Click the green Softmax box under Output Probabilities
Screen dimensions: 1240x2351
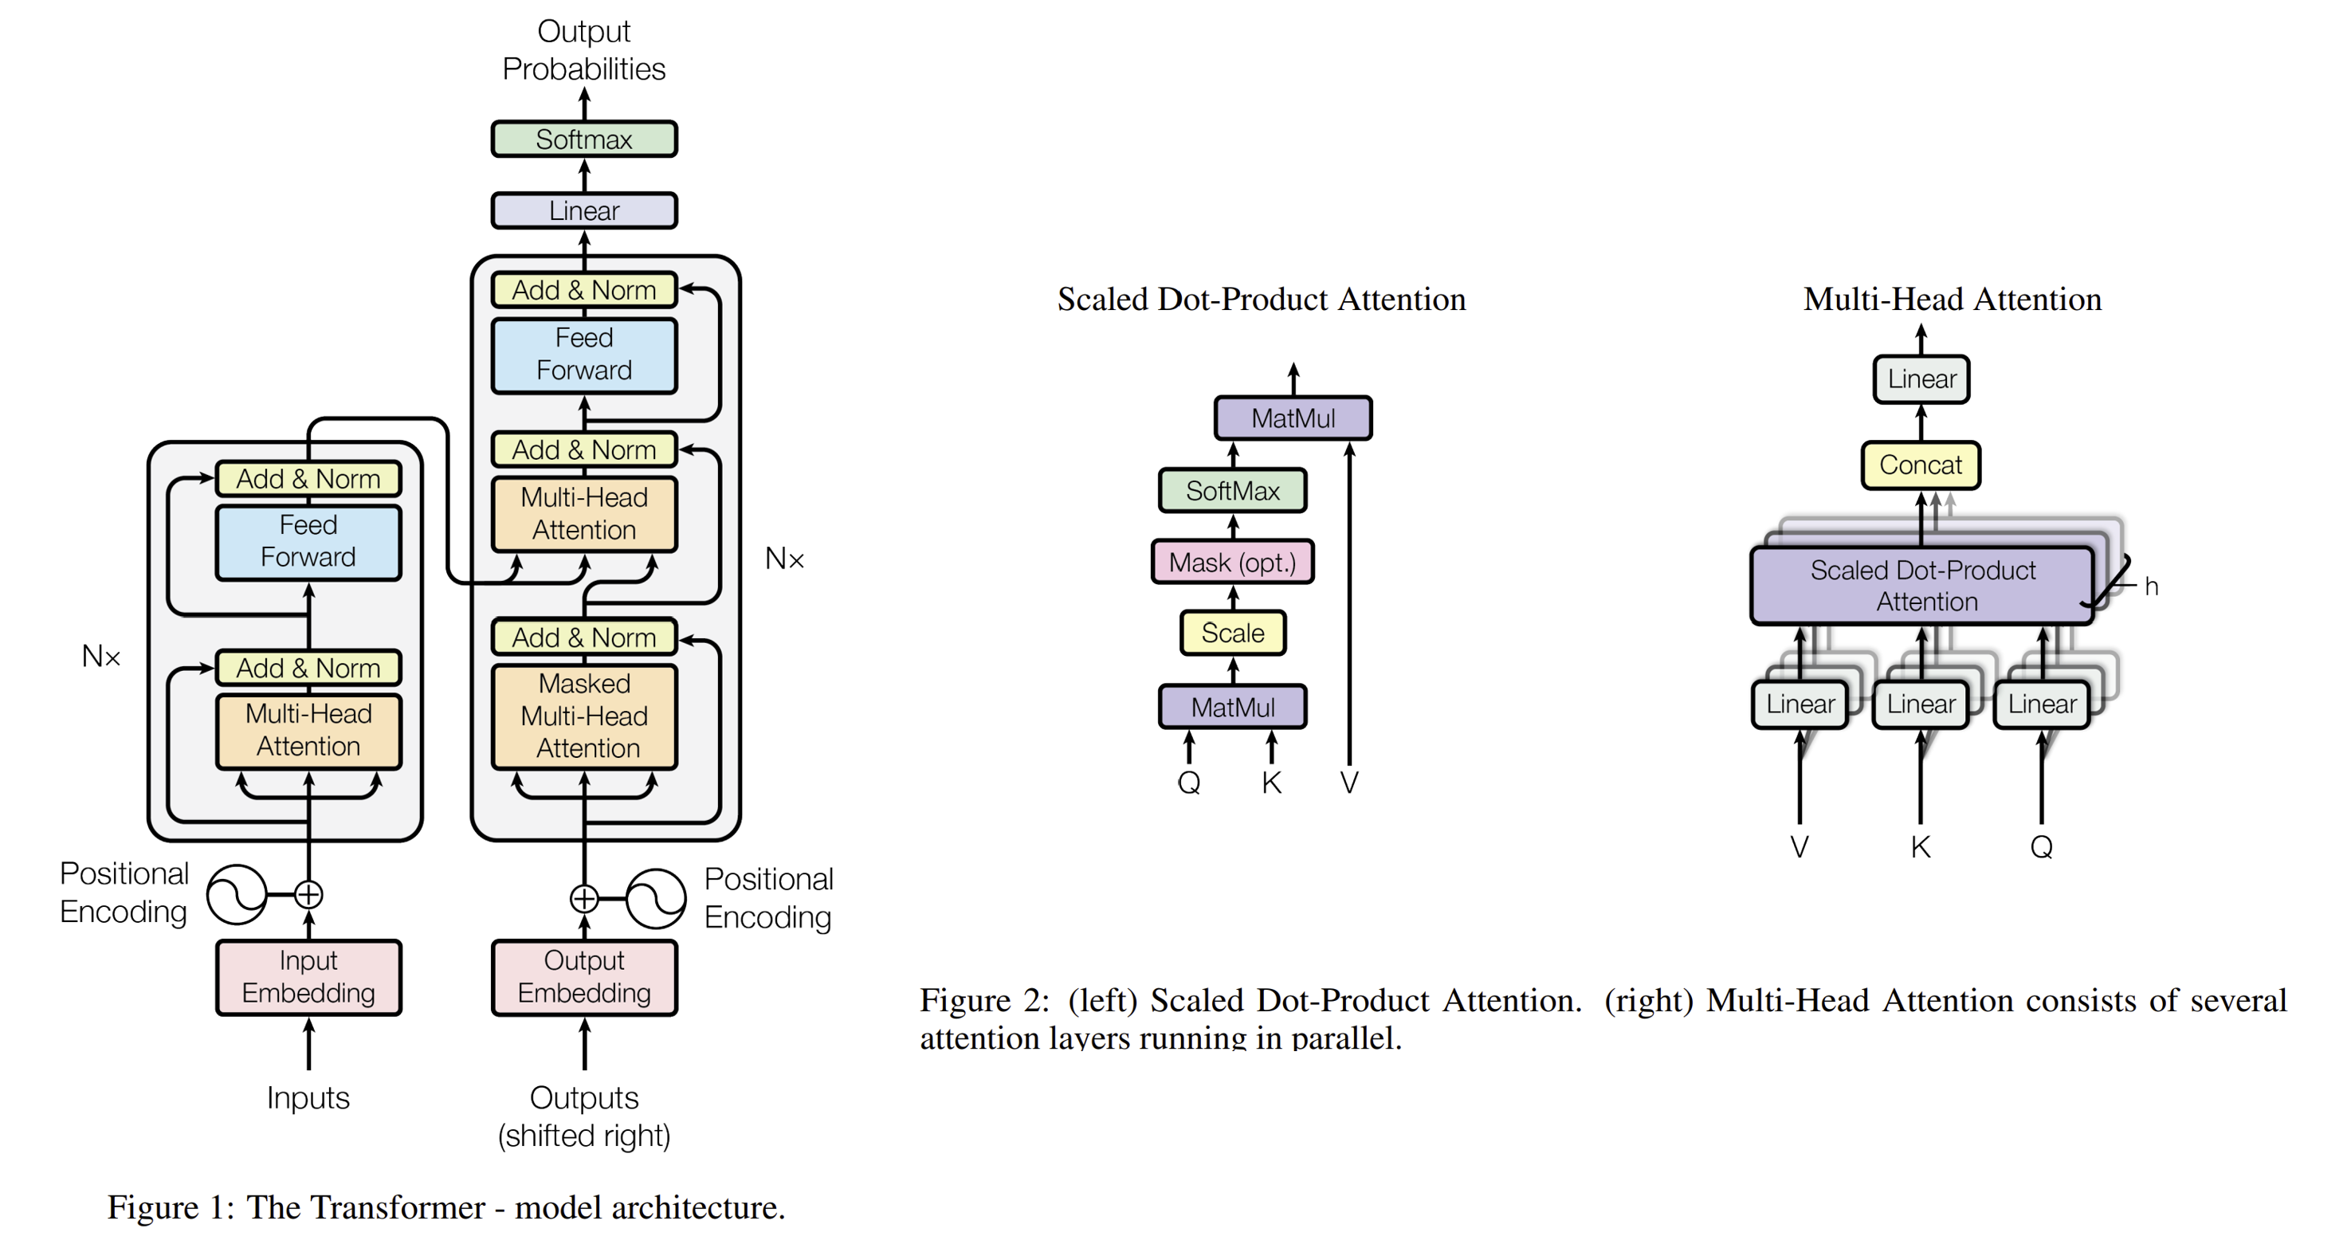coord(584,139)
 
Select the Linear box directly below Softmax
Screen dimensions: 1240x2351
coord(584,210)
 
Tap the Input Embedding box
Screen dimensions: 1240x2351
coord(308,977)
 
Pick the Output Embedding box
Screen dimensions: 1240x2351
coord(584,977)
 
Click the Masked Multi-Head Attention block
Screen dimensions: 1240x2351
coord(584,716)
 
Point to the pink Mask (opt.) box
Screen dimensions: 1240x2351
coord(1232,562)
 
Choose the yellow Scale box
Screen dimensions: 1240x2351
coord(1232,634)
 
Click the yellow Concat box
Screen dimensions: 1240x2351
coord(1920,465)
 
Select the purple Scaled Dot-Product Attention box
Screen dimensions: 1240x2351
coord(1922,586)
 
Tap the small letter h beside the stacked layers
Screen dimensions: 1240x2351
coord(2151,587)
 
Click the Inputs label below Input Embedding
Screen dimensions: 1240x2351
coord(308,1097)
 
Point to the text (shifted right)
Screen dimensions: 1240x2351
coord(584,1136)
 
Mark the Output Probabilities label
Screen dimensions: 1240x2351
coord(584,50)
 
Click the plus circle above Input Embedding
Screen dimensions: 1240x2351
coord(308,895)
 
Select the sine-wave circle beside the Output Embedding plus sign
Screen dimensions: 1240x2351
coord(655,899)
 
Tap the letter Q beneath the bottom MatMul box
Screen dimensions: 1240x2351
coord(1188,783)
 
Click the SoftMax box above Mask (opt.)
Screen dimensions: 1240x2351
coord(1232,491)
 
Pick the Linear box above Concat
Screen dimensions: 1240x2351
coord(1921,379)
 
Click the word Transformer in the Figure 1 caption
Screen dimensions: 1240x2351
coord(365,1208)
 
